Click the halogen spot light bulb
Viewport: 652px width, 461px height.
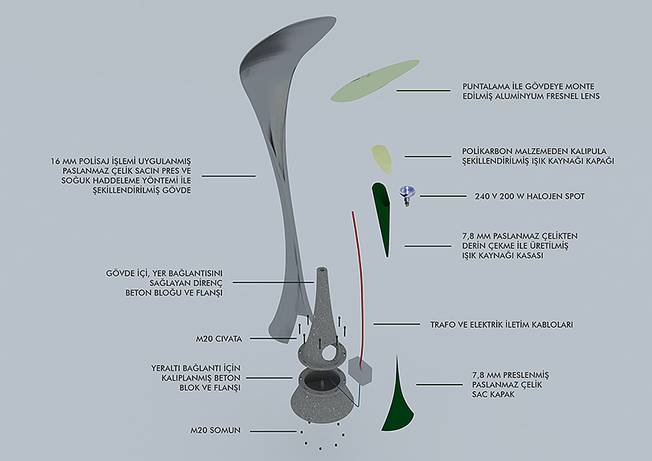pos(408,193)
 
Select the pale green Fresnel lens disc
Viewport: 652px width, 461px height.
pos(364,81)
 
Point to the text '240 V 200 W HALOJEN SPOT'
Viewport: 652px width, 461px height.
pos(526,195)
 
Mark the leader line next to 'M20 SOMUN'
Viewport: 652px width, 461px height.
pos(272,431)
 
